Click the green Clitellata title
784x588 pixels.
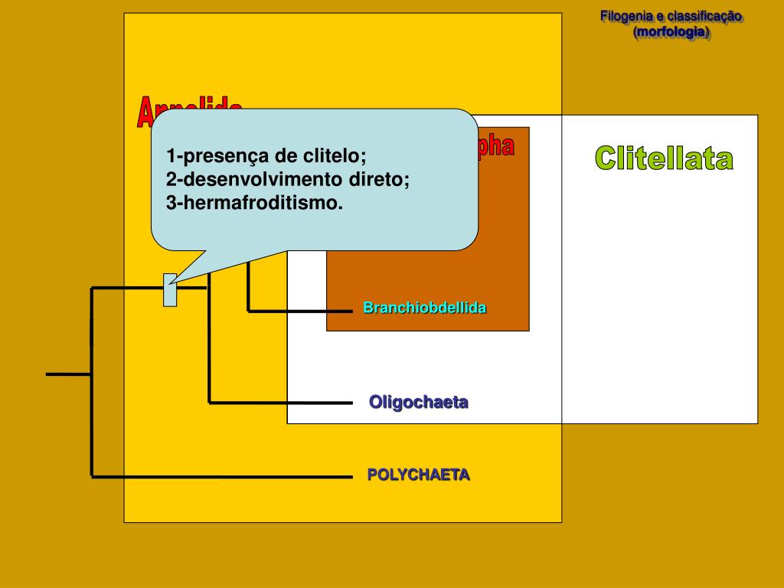(664, 159)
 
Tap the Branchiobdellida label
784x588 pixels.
(425, 308)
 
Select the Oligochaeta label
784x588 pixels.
(419, 402)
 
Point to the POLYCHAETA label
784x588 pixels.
(418, 475)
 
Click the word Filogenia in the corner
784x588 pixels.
(627, 16)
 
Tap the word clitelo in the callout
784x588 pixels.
(335, 156)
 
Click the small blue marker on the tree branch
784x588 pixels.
(170, 289)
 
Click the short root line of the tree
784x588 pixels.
(68, 374)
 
